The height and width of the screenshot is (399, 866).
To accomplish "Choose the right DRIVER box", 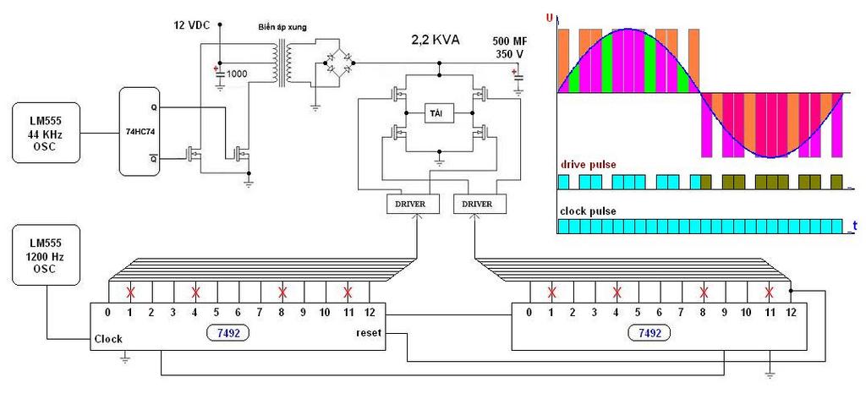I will click(x=480, y=204).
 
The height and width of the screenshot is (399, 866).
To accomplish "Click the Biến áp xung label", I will click(x=282, y=28).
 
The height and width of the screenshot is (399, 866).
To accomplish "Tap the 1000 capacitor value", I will click(x=237, y=74).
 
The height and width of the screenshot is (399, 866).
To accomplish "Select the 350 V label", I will click(x=512, y=55).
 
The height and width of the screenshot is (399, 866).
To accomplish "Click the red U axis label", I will click(x=551, y=18).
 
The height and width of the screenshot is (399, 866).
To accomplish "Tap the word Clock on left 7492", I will click(x=108, y=339).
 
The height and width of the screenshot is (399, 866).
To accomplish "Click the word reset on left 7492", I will click(x=369, y=334).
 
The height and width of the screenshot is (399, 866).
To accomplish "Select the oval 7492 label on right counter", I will click(x=649, y=334).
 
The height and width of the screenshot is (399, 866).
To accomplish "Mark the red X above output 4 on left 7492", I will click(x=195, y=292).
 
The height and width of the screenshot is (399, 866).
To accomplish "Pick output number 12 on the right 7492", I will click(x=790, y=313).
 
